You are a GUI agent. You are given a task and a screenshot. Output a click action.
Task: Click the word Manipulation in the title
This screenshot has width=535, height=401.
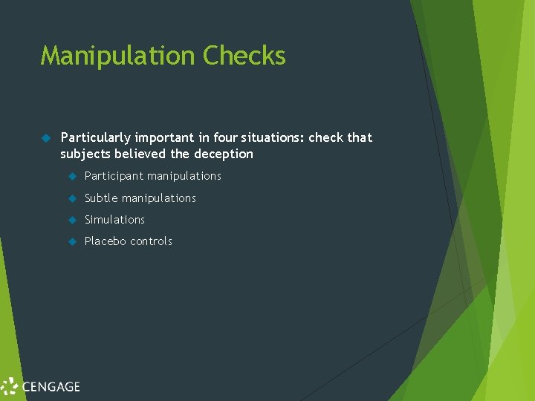click(x=118, y=56)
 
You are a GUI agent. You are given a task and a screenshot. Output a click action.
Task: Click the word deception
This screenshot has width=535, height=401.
click(x=224, y=154)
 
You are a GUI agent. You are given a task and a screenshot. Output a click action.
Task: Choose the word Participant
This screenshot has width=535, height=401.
click(x=114, y=176)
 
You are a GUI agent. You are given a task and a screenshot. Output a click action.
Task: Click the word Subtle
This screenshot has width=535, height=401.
click(x=101, y=198)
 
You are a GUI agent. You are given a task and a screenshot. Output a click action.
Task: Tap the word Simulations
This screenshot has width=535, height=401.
click(x=114, y=220)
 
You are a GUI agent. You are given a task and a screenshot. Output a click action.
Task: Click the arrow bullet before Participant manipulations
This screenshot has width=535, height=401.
click(x=72, y=176)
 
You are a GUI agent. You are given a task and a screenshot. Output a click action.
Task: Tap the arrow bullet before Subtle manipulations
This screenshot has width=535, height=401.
click(x=72, y=198)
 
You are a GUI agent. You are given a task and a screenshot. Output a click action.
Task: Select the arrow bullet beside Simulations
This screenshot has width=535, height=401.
click(x=72, y=220)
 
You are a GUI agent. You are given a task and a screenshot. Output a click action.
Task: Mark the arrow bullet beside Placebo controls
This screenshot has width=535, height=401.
click(x=72, y=241)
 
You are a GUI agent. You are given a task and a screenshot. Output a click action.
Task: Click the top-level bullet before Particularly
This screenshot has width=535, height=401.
click(x=45, y=137)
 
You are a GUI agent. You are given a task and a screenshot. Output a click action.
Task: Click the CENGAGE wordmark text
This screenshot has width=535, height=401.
click(x=51, y=386)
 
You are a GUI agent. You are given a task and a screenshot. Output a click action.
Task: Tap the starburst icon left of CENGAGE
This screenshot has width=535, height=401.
click(x=10, y=386)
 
